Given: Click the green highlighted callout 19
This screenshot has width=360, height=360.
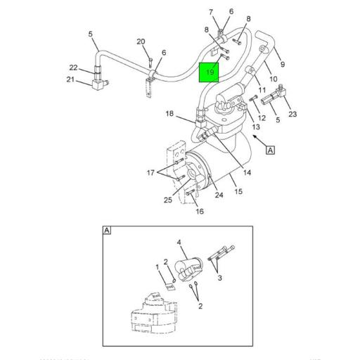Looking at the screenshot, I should pyautogui.click(x=210, y=72).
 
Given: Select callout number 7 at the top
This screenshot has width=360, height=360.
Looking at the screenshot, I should pyautogui.click(x=210, y=12).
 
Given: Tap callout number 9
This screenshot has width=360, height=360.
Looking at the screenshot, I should pyautogui.click(x=282, y=65).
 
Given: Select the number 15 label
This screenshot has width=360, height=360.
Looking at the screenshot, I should pyautogui.click(x=238, y=191).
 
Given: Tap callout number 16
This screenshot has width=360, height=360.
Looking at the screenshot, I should pyautogui.click(x=199, y=210).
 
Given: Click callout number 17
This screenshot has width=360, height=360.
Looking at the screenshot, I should pyautogui.click(x=150, y=173).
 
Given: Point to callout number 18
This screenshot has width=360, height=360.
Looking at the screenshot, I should pyautogui.click(x=169, y=114).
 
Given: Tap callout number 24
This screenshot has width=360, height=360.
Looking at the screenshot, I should pyautogui.click(x=219, y=195).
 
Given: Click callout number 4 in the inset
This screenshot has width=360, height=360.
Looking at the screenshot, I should pyautogui.click(x=180, y=243).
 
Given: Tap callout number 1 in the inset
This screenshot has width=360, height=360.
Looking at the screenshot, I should pyautogui.click(x=157, y=267).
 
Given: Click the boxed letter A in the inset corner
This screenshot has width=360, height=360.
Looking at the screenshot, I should pyautogui.click(x=107, y=230).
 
